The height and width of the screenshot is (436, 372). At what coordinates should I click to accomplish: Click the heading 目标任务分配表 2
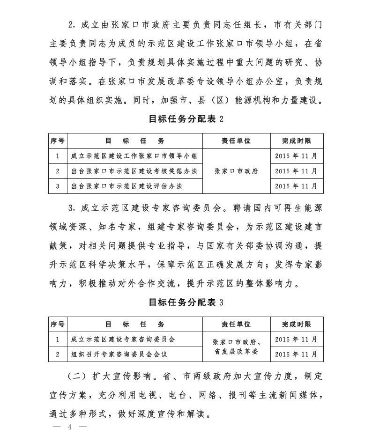click(186, 119)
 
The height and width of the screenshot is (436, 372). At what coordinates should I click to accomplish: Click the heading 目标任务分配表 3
click(186, 302)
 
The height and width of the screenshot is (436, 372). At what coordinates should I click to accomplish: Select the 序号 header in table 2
click(57, 140)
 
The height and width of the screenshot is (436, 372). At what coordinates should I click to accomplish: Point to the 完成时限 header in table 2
click(296, 140)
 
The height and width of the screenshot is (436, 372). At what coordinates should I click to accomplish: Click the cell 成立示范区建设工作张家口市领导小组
click(134, 156)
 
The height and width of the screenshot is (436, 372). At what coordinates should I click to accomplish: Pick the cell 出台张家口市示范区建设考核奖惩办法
click(134, 171)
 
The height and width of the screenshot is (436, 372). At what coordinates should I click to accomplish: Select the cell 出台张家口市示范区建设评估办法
click(126, 186)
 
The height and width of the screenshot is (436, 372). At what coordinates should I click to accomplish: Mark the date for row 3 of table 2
click(296, 186)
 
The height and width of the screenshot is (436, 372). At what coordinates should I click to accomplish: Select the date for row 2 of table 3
click(296, 354)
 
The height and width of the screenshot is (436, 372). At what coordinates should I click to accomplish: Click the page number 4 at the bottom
click(70, 427)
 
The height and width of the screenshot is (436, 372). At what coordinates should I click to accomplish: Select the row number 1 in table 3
click(57, 339)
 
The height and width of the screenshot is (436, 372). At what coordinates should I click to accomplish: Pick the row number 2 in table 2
click(57, 171)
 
